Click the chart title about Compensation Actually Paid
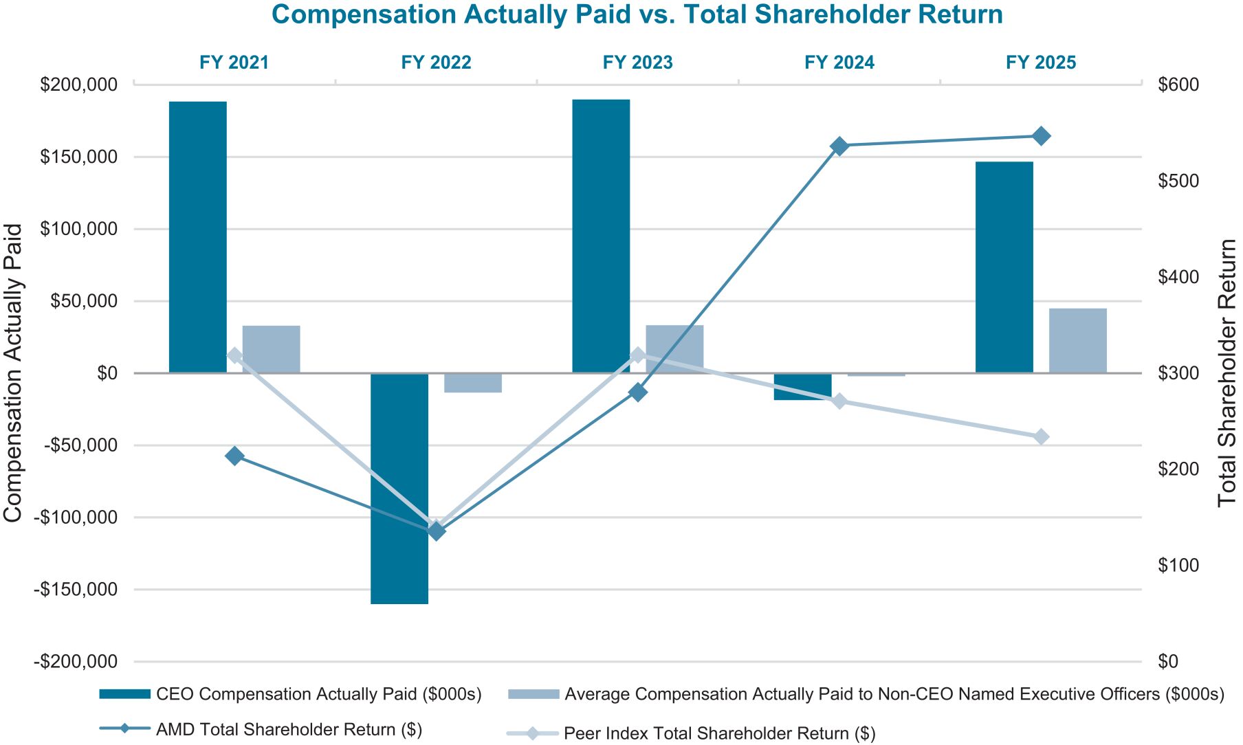[637, 15]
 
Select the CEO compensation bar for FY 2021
[198, 237]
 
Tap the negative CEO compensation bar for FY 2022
[399, 488]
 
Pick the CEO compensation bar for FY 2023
[601, 236]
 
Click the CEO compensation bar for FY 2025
[1004, 267]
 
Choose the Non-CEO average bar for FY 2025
[1077, 341]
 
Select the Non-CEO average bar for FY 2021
[272, 349]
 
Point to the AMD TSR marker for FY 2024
[839, 146]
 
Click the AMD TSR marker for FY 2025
[1041, 136]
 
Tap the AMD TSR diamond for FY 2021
[234, 456]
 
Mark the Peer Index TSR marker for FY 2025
[1041, 437]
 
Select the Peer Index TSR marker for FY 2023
[638, 355]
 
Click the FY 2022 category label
[436, 63]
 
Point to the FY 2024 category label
[839, 63]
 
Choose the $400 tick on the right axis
[1178, 277]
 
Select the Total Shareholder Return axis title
[1226, 373]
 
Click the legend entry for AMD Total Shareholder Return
[289, 729]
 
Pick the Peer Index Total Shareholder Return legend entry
[719, 733]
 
